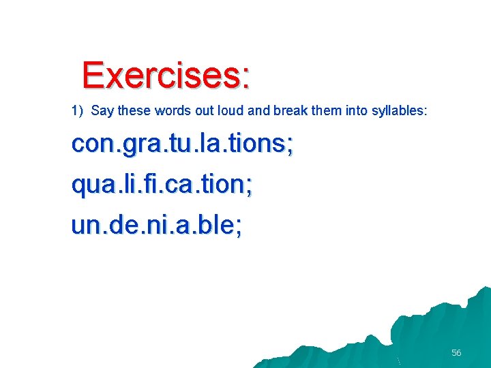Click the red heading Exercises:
click(166, 75)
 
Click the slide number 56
click(456, 352)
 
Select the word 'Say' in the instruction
click(101, 110)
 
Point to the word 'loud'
click(233, 110)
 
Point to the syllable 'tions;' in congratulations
click(262, 144)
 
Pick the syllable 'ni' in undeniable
click(158, 226)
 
